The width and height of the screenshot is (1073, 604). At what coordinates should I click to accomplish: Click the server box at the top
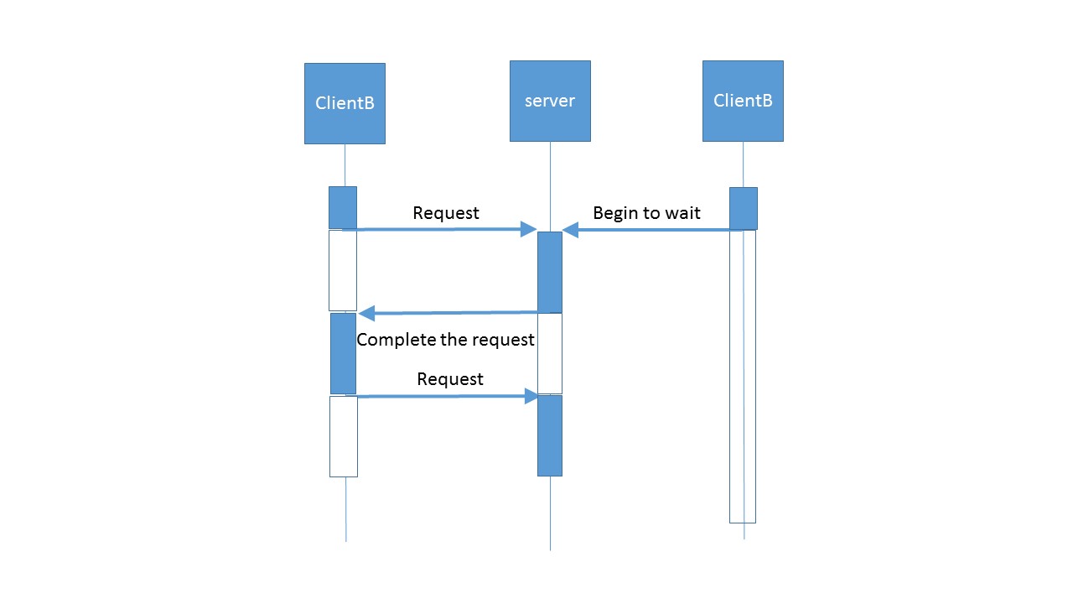550,102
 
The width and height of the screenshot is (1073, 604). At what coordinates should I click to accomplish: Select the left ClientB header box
345,103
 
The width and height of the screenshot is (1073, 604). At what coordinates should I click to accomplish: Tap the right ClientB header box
743,102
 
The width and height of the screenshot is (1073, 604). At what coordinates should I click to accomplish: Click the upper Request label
445,213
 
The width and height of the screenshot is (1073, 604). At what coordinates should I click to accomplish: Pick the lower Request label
450,379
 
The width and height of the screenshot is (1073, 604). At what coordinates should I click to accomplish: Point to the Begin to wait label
646,213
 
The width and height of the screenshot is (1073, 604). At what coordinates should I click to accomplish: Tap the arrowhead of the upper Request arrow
528,229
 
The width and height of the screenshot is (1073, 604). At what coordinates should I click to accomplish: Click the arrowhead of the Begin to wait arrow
570,230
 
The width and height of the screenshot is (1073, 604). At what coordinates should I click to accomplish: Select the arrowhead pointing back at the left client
366,314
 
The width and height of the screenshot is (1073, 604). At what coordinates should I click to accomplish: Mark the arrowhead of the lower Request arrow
531,396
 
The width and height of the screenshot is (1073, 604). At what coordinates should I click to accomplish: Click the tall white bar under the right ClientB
743,377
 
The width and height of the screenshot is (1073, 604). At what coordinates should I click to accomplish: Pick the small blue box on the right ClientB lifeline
744,209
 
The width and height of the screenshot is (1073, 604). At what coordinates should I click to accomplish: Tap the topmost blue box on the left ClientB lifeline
343,207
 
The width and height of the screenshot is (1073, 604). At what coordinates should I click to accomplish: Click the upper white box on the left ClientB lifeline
343,270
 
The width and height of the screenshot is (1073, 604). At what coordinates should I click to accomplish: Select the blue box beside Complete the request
343,354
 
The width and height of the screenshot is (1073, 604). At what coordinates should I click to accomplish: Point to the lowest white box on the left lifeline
344,437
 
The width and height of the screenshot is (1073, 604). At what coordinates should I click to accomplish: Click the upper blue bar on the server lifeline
549,273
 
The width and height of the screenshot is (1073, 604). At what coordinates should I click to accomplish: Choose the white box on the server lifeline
549,354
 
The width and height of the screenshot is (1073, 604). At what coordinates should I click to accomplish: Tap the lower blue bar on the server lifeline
549,435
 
